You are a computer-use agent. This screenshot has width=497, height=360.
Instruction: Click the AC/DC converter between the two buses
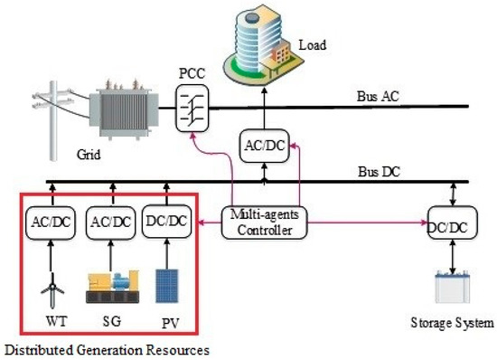click(266, 145)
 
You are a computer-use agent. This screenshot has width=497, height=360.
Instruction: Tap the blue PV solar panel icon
click(167, 285)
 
